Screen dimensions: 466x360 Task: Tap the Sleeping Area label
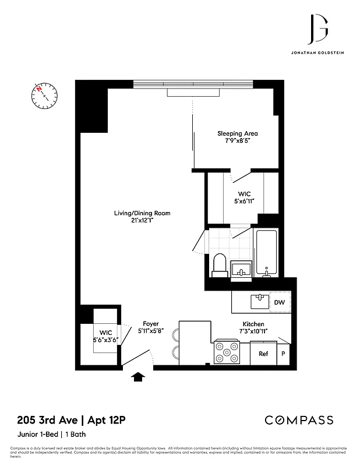(237, 137)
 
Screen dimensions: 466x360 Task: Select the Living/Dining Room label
(142, 217)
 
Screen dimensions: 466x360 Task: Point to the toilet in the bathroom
(220, 264)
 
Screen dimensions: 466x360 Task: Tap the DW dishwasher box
(279, 303)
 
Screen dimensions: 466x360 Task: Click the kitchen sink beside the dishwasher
(259, 301)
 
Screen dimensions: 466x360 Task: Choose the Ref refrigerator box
(263, 354)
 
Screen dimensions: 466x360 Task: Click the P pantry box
(283, 354)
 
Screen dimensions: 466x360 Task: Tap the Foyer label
(150, 327)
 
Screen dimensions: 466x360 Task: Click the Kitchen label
(253, 327)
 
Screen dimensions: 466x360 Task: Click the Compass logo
(299, 420)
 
